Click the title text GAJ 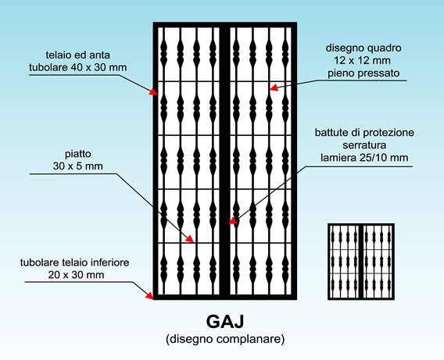click(225, 321)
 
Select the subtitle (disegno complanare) click(225, 338)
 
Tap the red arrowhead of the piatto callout click(190, 239)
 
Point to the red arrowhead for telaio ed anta click(153, 91)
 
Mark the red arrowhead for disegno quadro click(274, 87)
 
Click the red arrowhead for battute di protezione click(233, 220)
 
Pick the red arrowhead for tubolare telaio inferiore click(149, 295)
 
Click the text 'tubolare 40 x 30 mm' click(78, 67)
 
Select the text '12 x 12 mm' click(362, 60)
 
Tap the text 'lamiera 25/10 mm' click(364, 158)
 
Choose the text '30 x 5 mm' click(78, 166)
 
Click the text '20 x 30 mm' click(76, 275)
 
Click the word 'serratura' click(364, 145)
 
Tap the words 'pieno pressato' click(363, 73)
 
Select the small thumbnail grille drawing click(361, 262)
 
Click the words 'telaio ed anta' click(78, 55)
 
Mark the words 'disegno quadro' click(363, 48)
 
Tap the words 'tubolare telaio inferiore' click(75, 262)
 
